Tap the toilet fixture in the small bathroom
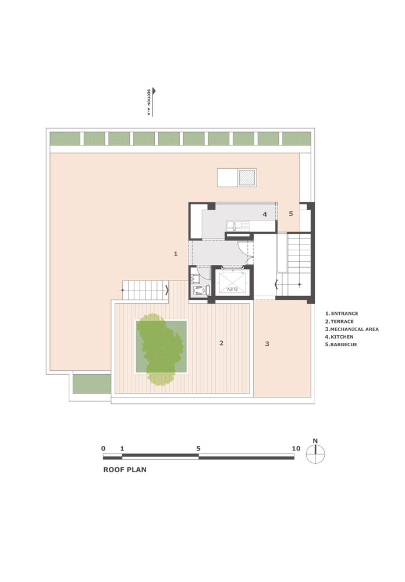(x=200, y=290)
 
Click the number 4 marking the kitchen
(x=265, y=214)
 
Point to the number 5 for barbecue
(x=291, y=214)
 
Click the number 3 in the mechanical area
(x=267, y=344)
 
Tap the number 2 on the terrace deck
(x=221, y=343)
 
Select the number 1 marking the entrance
(x=176, y=254)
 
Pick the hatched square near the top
(x=247, y=178)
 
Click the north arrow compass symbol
(x=315, y=453)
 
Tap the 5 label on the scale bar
(x=198, y=448)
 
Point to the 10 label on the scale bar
(x=296, y=448)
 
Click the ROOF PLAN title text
(x=125, y=470)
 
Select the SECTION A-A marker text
(x=148, y=102)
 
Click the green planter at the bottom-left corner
(x=92, y=384)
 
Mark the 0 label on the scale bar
(x=103, y=448)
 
